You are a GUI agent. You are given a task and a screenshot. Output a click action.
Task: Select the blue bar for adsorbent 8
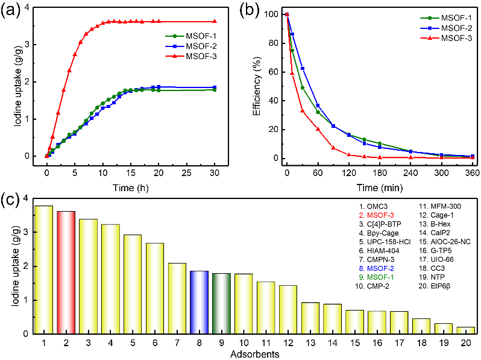(199, 302)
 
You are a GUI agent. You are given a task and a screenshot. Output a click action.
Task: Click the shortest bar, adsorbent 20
(465, 330)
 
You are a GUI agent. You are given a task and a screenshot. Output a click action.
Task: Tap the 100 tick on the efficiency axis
(272, 14)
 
